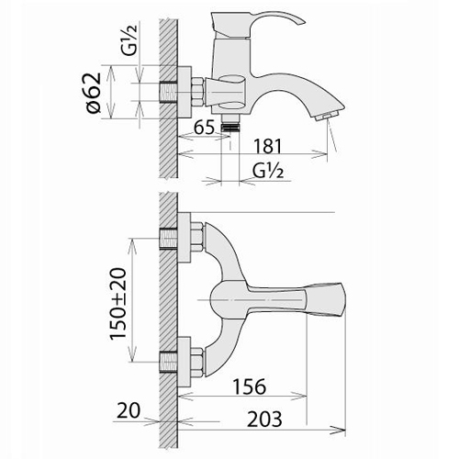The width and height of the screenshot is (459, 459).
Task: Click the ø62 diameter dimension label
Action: [94, 93]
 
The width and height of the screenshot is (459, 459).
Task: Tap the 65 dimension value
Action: [205, 127]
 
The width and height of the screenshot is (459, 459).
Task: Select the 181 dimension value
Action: [267, 146]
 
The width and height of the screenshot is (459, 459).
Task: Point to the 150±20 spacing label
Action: [118, 303]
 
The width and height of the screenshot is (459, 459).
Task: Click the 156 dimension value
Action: [250, 386]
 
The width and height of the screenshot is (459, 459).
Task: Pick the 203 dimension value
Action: [264, 419]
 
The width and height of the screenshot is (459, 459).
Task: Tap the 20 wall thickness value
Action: [129, 410]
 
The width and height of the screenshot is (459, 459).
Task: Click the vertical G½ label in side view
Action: [129, 39]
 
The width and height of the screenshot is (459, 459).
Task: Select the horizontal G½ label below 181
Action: [268, 171]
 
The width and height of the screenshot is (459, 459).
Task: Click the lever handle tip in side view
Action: [301, 21]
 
